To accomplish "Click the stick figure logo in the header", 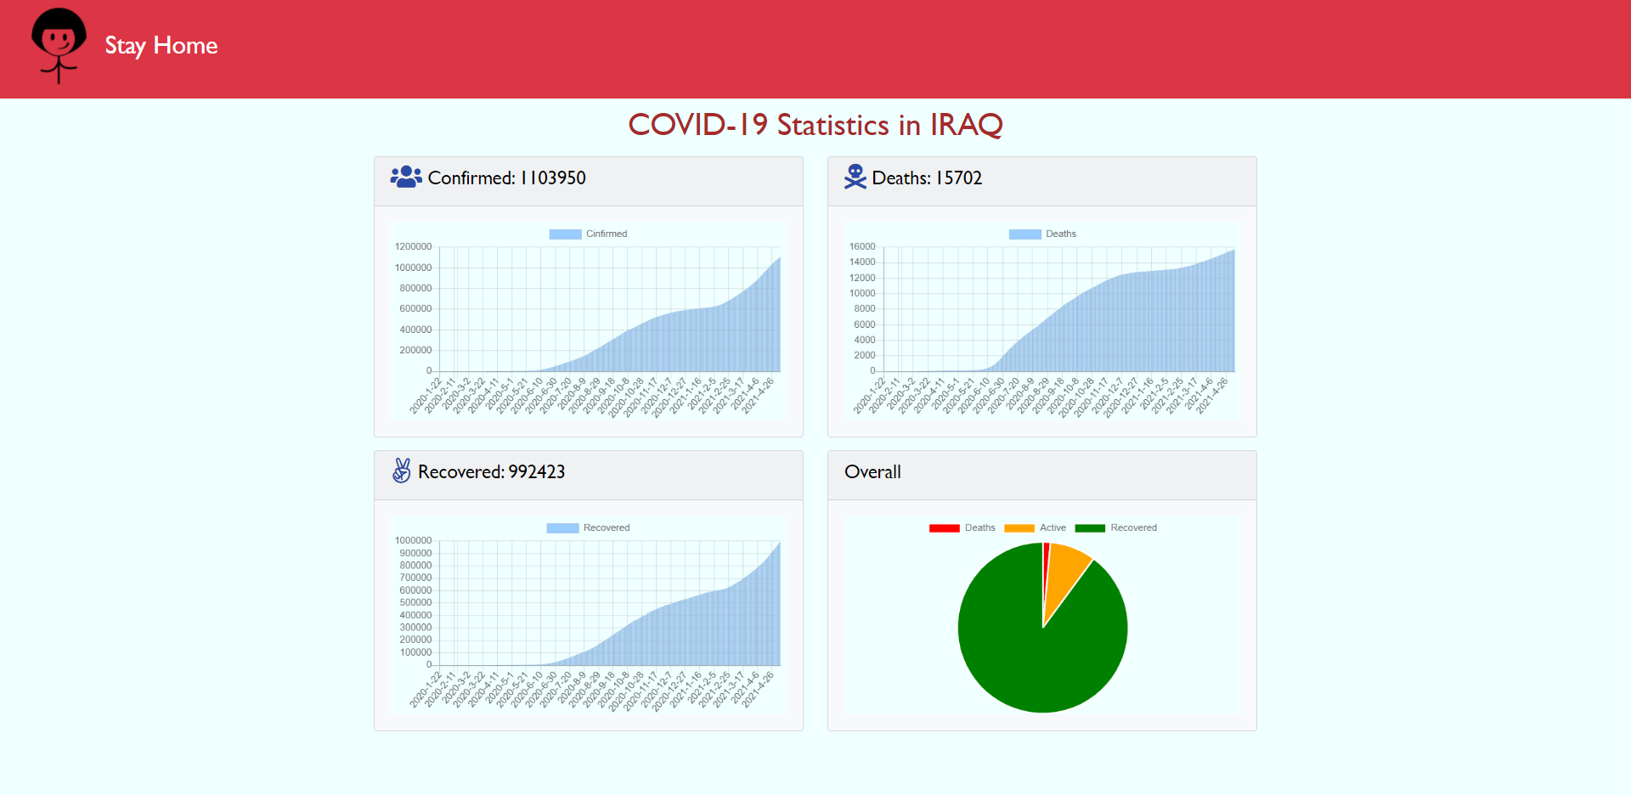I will point(59,45).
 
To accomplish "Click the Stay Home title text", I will point(161,45).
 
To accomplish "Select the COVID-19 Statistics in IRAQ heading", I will point(815,125).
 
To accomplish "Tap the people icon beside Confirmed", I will point(406,177).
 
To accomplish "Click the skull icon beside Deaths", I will point(855,177).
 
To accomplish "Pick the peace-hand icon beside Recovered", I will point(402,471).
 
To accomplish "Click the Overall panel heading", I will point(872,472).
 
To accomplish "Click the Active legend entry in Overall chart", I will point(1036,527).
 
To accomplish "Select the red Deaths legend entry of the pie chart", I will point(962,527).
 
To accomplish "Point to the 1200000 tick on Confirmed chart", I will point(413,246).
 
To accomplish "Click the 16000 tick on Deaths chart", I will point(862,246).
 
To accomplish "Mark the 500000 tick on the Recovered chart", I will point(415,602).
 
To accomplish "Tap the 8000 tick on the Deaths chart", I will point(865,308).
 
